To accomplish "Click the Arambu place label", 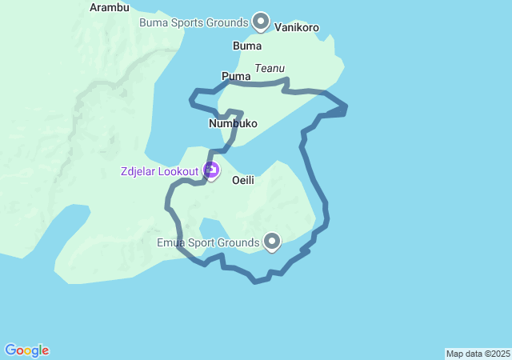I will (x=110, y=7).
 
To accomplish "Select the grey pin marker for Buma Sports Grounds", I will (x=261, y=21).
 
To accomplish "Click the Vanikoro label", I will (x=297, y=27).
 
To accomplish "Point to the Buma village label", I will (x=247, y=46).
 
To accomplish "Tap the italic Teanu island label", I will (x=270, y=69).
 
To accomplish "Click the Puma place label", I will (x=236, y=76).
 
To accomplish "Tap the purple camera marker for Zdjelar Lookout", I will (x=211, y=170).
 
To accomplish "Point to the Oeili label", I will (x=243, y=181).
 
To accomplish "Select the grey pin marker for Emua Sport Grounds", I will (x=272, y=240).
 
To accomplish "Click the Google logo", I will (x=27, y=350).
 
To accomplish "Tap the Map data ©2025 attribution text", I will (x=478, y=354).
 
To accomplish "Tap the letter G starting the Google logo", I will (x=10, y=350).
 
